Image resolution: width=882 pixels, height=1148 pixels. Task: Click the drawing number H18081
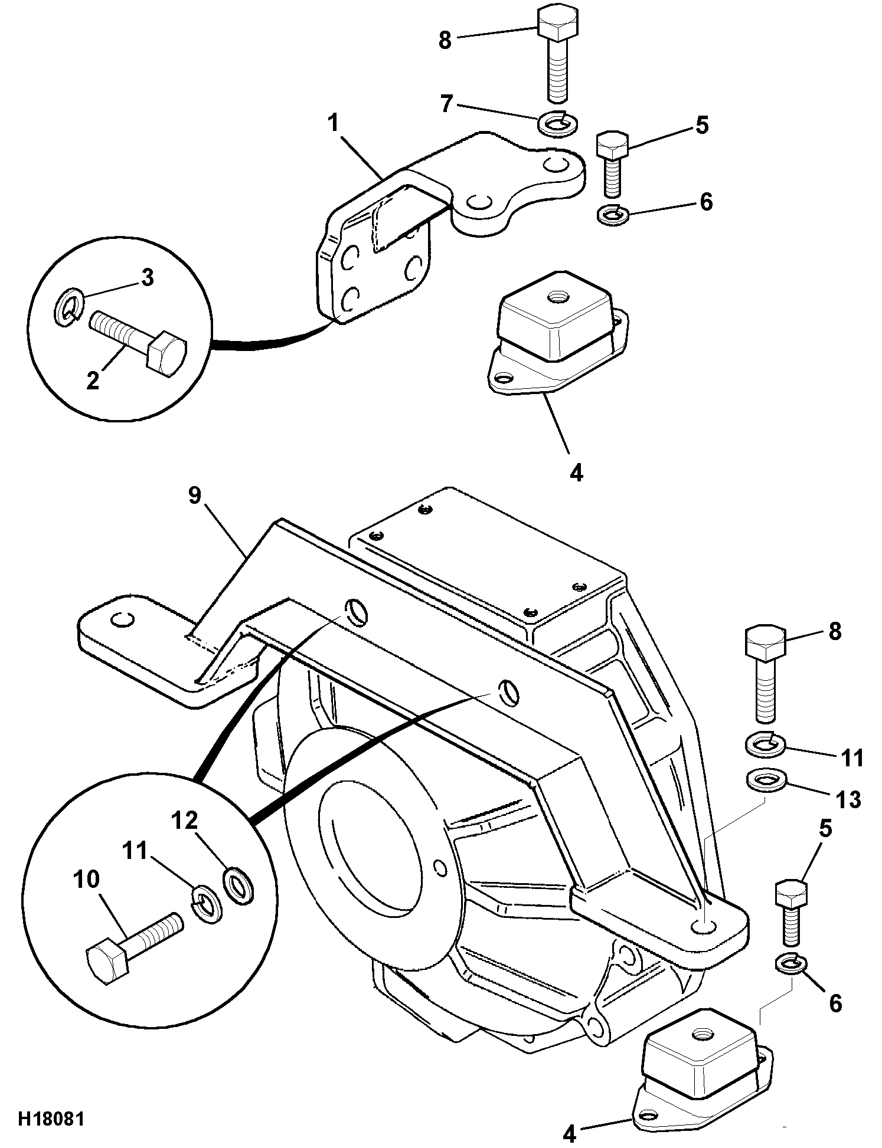[51, 1120]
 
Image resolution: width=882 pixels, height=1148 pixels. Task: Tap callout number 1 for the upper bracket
[334, 124]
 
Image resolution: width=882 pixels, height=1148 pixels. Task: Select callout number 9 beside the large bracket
[195, 496]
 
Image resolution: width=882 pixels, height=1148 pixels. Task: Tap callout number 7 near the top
[446, 104]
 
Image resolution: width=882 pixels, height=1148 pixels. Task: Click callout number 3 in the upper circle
[148, 277]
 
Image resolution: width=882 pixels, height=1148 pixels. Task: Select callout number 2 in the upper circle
[93, 381]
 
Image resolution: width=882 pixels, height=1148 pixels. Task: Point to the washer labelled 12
[238, 885]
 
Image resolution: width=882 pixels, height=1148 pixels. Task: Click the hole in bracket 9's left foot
[122, 619]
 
